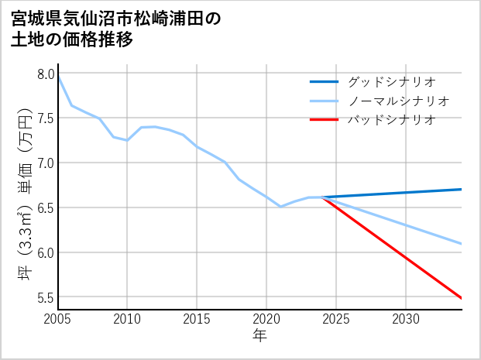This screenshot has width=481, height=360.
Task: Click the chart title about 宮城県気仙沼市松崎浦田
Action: point(116,29)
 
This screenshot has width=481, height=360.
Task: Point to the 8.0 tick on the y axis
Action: point(45,74)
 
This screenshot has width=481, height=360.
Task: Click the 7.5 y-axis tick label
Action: point(45,118)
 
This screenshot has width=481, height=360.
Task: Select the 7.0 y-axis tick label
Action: point(45,163)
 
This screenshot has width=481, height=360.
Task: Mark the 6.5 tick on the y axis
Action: point(45,208)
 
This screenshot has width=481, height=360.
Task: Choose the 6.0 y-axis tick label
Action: point(45,253)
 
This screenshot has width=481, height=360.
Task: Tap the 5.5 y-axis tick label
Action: point(45,297)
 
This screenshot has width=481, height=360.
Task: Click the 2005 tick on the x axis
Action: point(57,319)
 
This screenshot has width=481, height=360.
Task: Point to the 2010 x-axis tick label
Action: point(127,319)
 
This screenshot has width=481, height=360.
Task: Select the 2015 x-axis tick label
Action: point(197,319)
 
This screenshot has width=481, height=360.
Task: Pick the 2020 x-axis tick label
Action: point(266,319)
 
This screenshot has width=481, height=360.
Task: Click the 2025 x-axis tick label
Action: point(336,319)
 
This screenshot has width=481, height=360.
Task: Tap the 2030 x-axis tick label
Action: point(406,319)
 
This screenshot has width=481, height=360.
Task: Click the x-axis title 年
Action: point(259,336)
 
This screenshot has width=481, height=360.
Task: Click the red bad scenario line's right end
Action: point(461,297)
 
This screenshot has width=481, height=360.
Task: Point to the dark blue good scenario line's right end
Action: point(461,189)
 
